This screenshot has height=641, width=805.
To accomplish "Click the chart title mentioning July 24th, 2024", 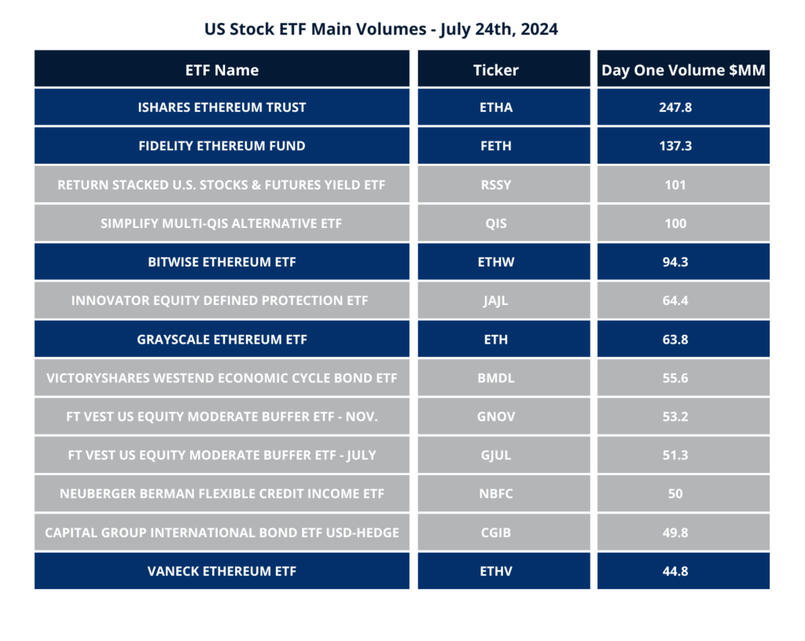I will pos(381,30).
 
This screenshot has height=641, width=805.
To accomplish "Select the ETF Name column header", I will pos(222,70).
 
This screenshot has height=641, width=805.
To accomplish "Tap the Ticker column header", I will pos(495,70).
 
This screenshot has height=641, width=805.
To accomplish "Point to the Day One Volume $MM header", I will pos(683,70).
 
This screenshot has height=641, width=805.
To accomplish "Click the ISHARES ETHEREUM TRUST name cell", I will pos(222,107).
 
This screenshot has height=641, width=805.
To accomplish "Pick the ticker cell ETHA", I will pos(495,107).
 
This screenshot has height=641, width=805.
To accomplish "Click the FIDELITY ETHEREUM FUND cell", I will pos(222,146).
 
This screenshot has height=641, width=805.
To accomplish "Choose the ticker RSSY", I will pos(495,185).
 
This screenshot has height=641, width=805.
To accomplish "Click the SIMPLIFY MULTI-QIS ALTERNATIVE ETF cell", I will pos(222,223).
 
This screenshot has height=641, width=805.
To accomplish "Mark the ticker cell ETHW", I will pos(495,262).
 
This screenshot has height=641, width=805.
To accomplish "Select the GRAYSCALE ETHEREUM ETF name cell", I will pos(222,340).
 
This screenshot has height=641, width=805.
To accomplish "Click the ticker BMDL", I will pos(495,378).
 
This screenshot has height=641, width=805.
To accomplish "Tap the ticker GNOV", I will pos(495,417).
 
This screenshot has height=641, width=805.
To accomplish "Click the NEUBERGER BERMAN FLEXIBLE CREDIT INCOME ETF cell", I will pos(222,494).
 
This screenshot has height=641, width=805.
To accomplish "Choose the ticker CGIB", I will pos(495,532).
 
